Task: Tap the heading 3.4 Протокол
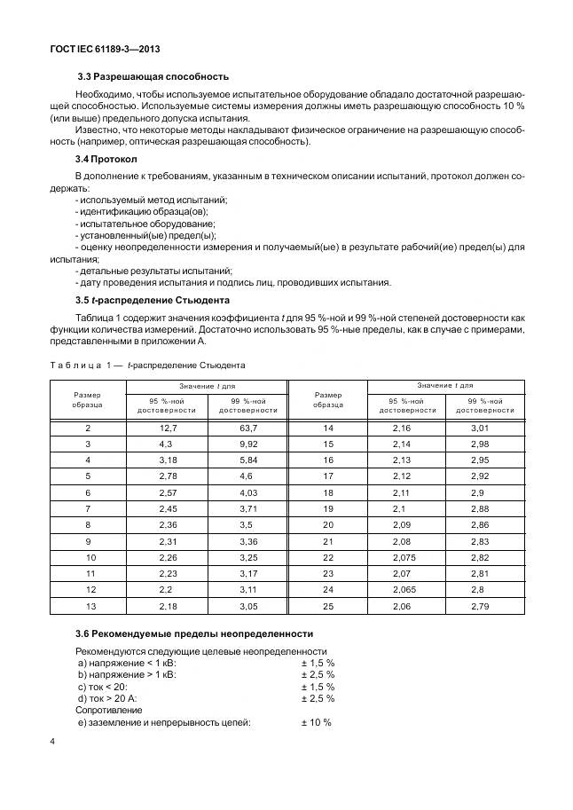106,159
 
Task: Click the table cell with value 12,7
164,428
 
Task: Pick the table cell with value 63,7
247,428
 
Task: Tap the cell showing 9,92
247,443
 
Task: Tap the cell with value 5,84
247,460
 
